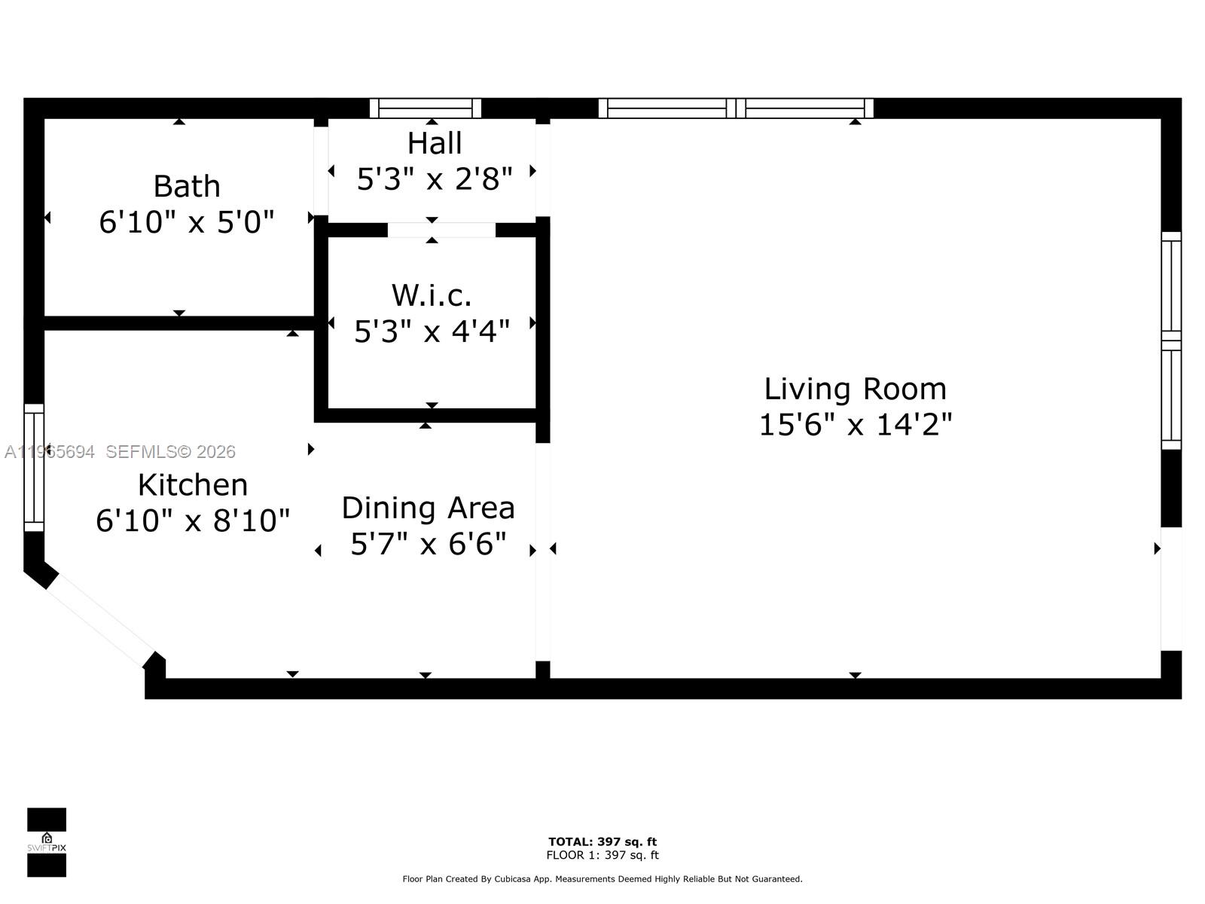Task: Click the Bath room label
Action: pyautogui.click(x=186, y=186)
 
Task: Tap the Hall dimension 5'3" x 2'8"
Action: pyautogui.click(x=435, y=179)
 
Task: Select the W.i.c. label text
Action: pyautogui.click(x=432, y=295)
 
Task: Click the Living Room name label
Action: pyautogui.click(x=855, y=389)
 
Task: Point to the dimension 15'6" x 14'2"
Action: pyautogui.click(x=855, y=425)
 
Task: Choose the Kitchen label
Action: pyautogui.click(x=193, y=485)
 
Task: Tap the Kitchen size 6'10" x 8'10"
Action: pyautogui.click(x=193, y=521)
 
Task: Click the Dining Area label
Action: pyautogui.click(x=428, y=508)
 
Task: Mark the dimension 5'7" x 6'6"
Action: pyautogui.click(x=428, y=544)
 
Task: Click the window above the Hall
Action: pyautogui.click(x=426, y=108)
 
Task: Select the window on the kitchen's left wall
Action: pyautogui.click(x=34, y=467)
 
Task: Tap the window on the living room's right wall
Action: pyautogui.click(x=1171, y=341)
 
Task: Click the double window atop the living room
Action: pyautogui.click(x=736, y=108)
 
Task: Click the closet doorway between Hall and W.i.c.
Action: pyautogui.click(x=441, y=230)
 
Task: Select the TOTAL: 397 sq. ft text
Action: pyautogui.click(x=602, y=841)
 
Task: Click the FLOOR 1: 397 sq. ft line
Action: pyautogui.click(x=602, y=855)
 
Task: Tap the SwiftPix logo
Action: pyautogui.click(x=47, y=842)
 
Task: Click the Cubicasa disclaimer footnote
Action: pyautogui.click(x=602, y=879)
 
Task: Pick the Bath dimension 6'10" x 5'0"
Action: pyautogui.click(x=186, y=222)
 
